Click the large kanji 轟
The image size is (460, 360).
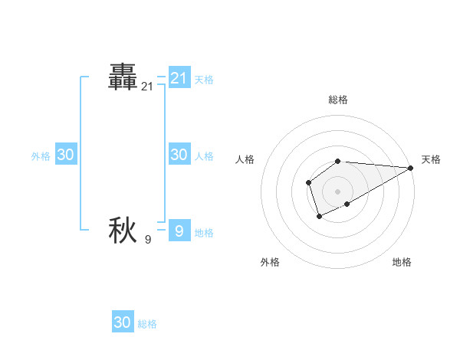(x=123, y=79)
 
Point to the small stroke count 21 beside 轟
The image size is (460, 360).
(x=147, y=87)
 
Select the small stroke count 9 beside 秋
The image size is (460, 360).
(x=148, y=240)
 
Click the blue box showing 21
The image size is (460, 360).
(x=179, y=78)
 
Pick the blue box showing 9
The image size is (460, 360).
(x=179, y=231)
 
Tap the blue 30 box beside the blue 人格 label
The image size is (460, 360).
(x=179, y=155)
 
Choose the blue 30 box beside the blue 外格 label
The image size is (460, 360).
(x=65, y=155)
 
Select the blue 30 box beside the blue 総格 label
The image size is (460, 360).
(x=123, y=322)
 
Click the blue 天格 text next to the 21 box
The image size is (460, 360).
(x=204, y=79)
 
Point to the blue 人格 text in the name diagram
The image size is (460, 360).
(x=204, y=155)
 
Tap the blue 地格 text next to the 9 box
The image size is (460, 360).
(x=204, y=232)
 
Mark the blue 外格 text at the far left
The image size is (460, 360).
(x=41, y=155)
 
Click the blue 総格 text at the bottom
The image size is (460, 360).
(x=147, y=324)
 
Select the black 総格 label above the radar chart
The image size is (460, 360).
(x=337, y=100)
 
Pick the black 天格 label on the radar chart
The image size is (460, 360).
(x=431, y=159)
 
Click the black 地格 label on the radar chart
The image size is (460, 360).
(x=402, y=262)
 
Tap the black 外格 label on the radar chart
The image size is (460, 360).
(x=270, y=262)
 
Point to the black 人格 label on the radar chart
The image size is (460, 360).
(x=245, y=159)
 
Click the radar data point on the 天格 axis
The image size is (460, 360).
(x=411, y=168)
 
